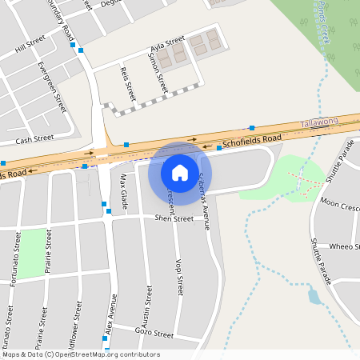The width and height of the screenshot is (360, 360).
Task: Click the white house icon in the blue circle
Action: pos(180,172)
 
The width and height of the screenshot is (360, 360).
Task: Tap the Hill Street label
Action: pos(31,49)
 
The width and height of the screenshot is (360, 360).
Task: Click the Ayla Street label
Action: pos(167,44)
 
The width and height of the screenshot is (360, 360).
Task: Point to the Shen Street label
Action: pos(174,218)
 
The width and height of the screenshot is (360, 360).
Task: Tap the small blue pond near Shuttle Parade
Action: pos(314,297)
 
